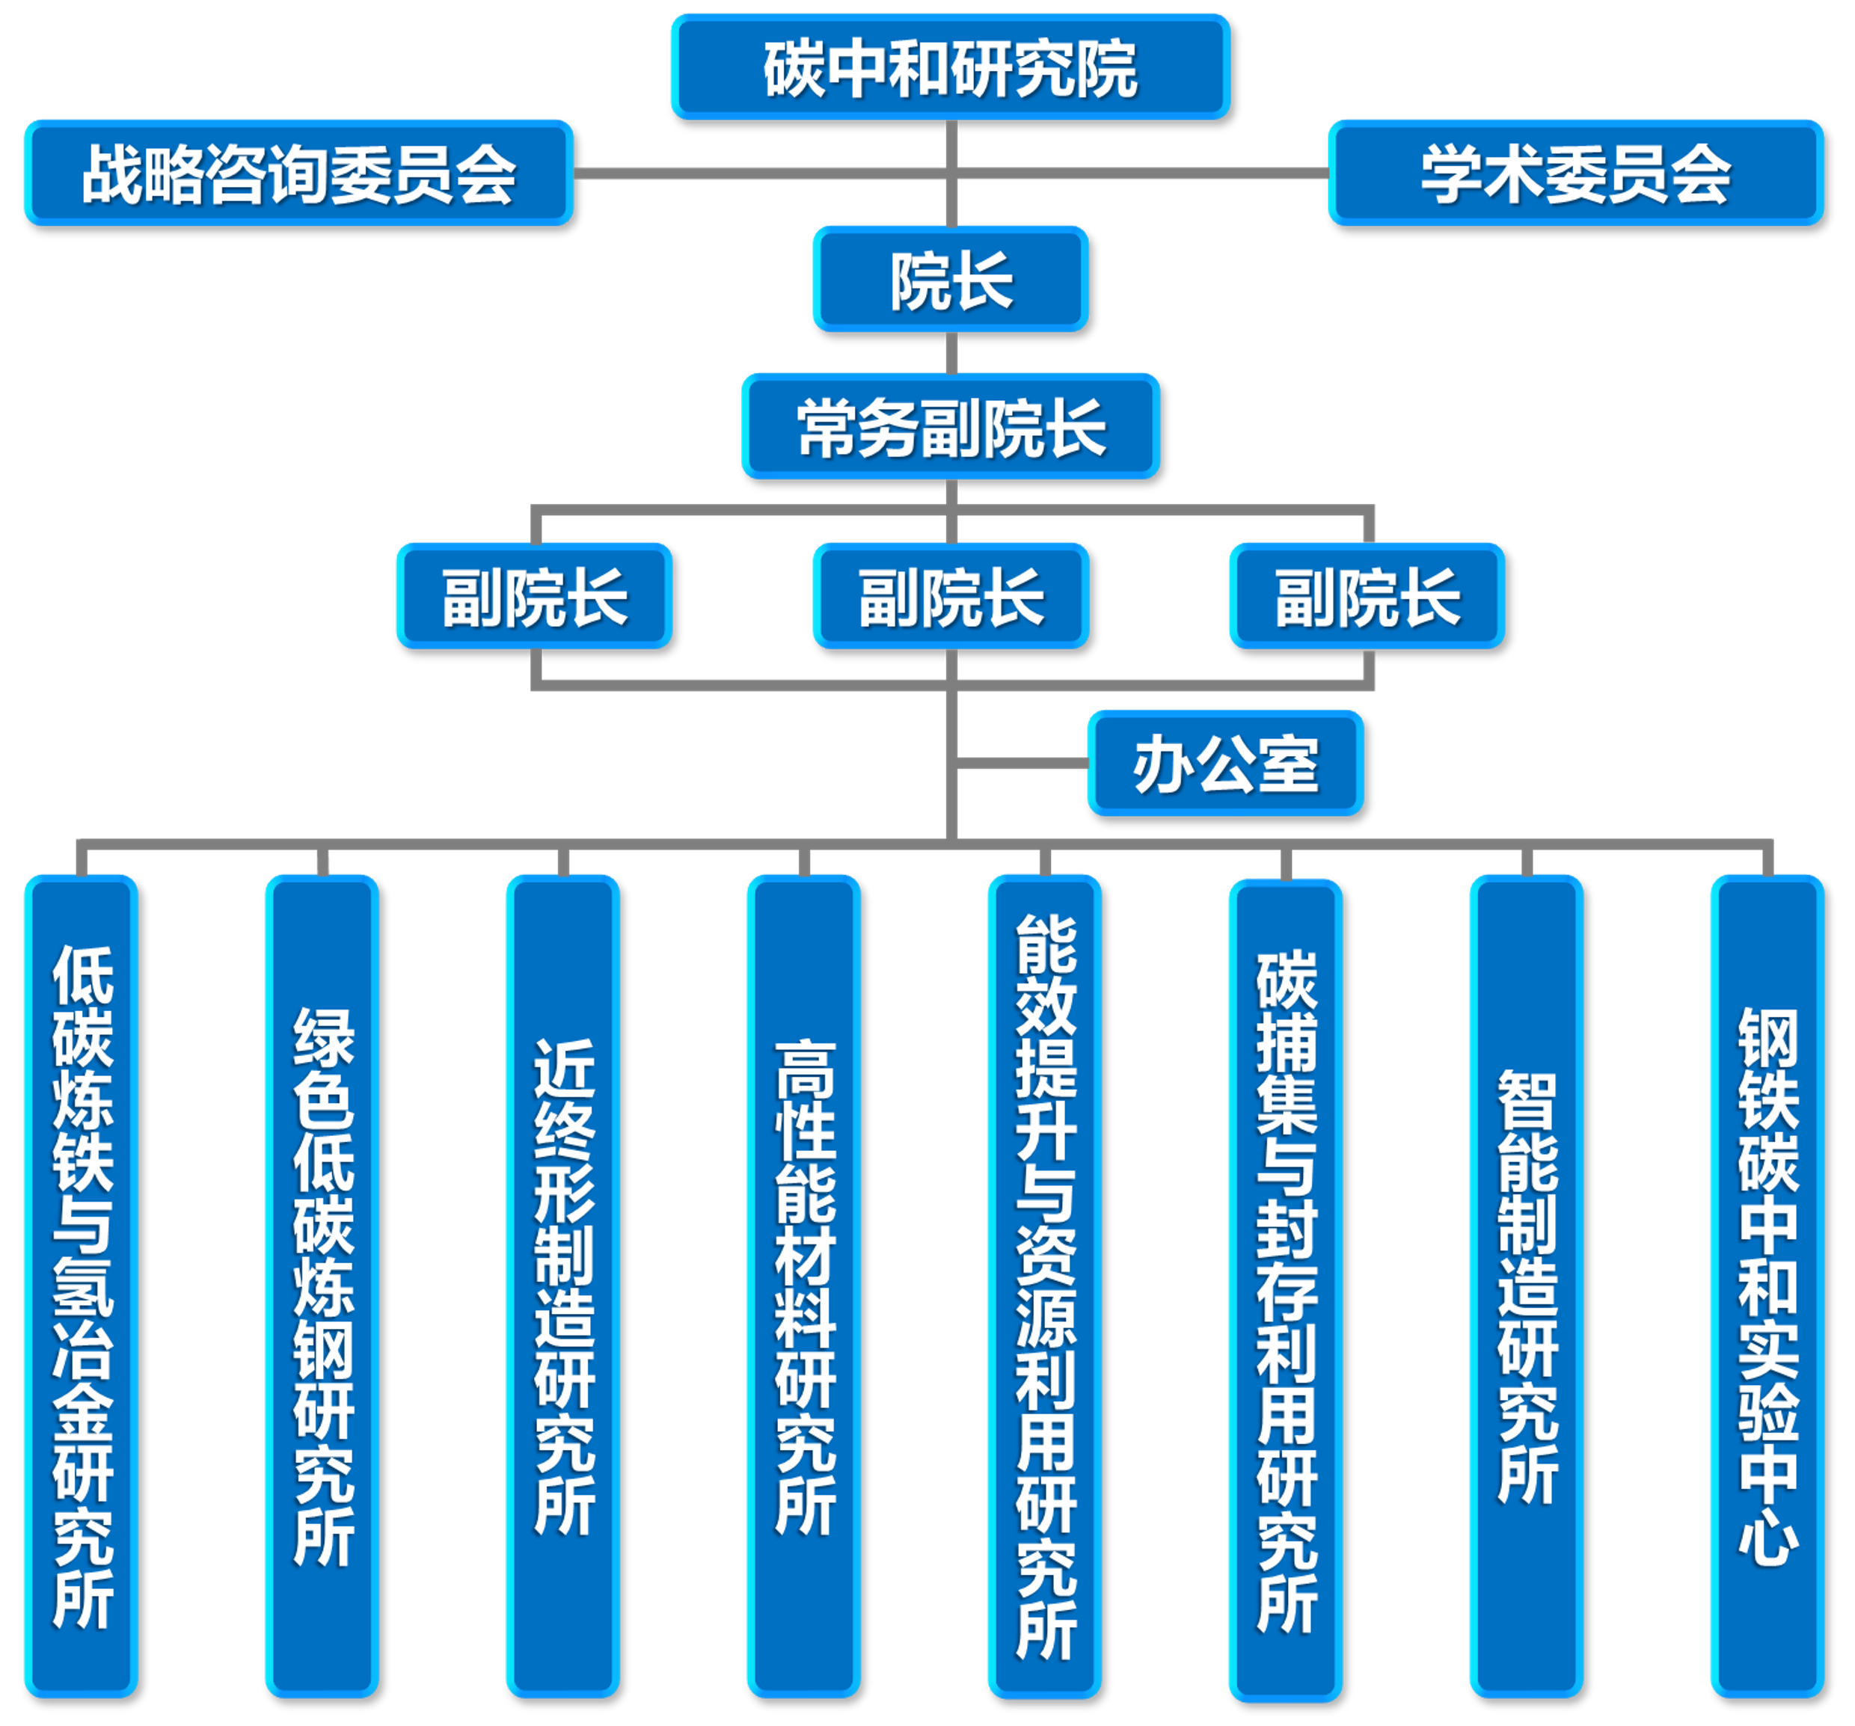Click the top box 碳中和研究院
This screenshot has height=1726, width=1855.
950,67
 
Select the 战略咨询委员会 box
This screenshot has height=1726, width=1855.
298,173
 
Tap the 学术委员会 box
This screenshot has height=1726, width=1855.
1575,173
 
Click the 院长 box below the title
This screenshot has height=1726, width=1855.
950,279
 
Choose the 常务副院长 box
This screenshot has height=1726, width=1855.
950,426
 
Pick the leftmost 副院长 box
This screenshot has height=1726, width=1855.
534,595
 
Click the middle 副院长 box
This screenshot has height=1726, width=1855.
950,595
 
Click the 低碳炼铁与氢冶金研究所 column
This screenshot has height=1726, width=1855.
82,1288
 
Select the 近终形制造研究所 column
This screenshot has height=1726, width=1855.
562,1288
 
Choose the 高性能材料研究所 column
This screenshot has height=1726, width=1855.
803,1288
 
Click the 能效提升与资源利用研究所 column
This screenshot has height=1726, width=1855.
1044,1288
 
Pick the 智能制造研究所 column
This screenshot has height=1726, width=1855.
1526,1288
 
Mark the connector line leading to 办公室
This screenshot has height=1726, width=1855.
1022,764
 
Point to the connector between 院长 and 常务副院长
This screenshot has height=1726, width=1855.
951,353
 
